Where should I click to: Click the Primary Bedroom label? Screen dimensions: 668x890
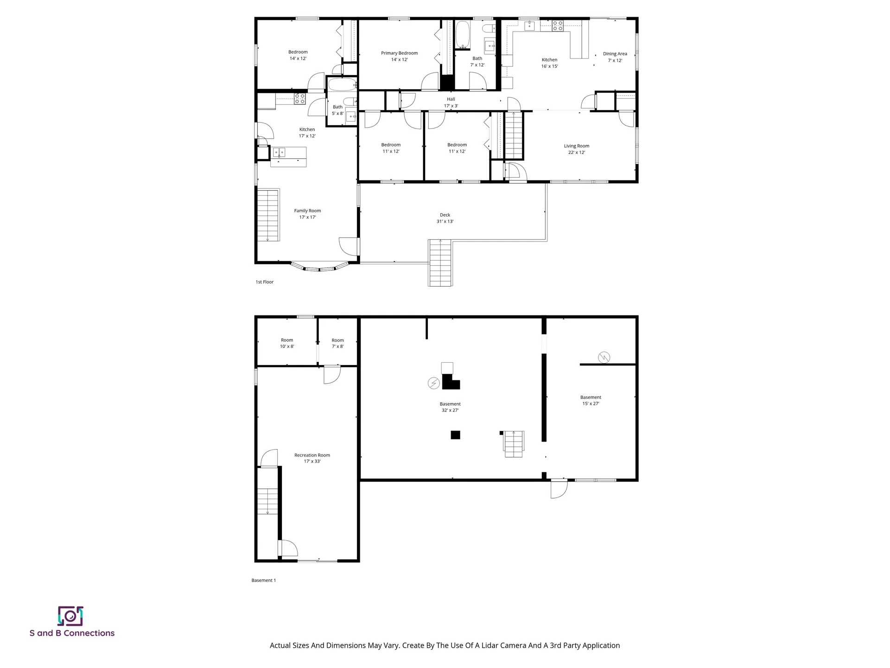(x=399, y=56)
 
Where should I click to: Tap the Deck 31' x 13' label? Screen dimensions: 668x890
(x=445, y=218)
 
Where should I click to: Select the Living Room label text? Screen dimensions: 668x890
(x=576, y=146)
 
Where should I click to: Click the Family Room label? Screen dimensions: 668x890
(x=307, y=214)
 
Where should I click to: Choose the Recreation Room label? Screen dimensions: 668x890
(x=312, y=458)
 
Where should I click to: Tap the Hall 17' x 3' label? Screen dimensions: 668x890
(x=451, y=103)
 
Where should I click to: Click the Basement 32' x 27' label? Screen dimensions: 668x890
(x=450, y=407)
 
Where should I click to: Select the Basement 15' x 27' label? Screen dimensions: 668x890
(x=591, y=400)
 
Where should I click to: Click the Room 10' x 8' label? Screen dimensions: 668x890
(x=287, y=343)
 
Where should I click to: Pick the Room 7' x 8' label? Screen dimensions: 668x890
(x=337, y=343)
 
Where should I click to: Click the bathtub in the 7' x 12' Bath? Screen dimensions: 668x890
(x=462, y=34)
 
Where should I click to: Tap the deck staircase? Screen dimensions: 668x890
(x=440, y=263)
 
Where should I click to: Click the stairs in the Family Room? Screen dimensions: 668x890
(x=268, y=215)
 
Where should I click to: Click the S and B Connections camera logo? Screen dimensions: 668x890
(x=70, y=616)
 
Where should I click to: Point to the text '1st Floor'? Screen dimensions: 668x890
(x=265, y=282)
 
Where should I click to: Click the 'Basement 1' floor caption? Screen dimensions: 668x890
(x=263, y=580)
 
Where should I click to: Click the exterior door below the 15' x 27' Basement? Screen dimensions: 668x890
(x=558, y=488)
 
